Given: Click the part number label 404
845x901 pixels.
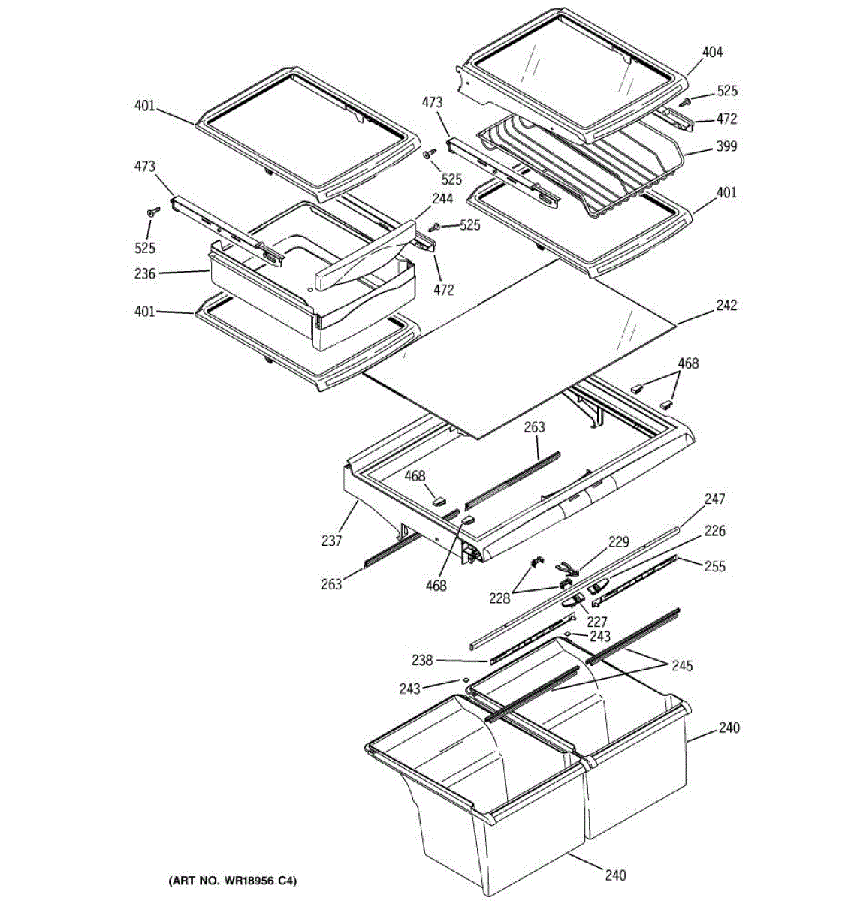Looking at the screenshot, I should click(x=712, y=52).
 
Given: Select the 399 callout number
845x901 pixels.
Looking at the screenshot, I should click(x=726, y=146).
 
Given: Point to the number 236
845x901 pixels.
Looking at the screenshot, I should click(x=145, y=274).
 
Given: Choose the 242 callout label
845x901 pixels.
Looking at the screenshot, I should click(x=726, y=306).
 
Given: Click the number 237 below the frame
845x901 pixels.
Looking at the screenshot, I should click(x=331, y=540).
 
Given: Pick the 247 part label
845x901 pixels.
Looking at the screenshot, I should click(x=714, y=499).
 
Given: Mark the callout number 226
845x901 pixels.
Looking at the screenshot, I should click(x=714, y=531).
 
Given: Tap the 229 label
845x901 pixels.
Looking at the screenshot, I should click(x=619, y=542).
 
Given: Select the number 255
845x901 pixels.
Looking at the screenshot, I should click(x=715, y=566).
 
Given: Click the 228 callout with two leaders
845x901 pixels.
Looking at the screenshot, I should click(x=499, y=598).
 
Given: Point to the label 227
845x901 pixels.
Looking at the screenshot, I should click(x=597, y=622).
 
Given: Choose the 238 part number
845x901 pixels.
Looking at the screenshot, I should click(x=422, y=661).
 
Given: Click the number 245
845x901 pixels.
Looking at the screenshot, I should click(x=682, y=666).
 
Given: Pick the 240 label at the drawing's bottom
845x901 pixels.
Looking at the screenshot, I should click(x=615, y=875).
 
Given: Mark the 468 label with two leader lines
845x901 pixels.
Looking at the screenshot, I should click(x=688, y=363).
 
